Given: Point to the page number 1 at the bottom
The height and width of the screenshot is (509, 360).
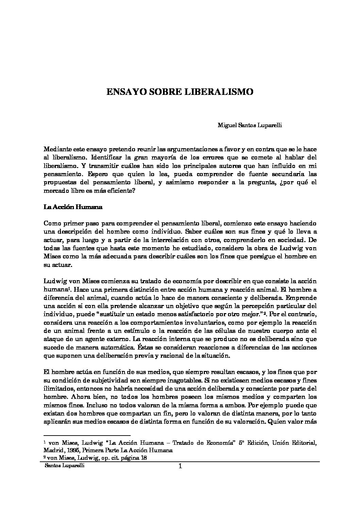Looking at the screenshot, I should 180,466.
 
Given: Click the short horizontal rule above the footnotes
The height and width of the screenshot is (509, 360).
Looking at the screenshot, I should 87,435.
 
